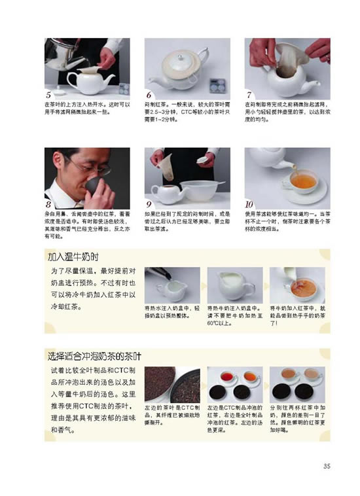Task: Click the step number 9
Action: point(149,204)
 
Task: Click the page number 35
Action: point(327,466)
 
